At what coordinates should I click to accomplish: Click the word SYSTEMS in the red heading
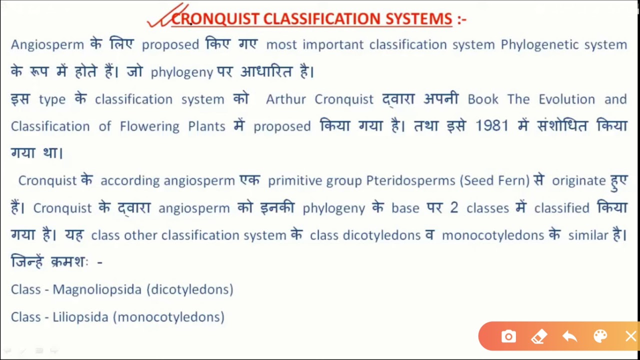click(419, 19)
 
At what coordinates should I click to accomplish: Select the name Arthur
click(286, 99)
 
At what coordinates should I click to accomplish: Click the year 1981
click(492, 126)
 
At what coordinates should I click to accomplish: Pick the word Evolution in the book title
click(566, 99)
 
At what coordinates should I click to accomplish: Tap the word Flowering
click(149, 126)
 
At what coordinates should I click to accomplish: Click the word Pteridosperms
click(410, 180)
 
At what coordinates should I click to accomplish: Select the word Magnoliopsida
click(97, 289)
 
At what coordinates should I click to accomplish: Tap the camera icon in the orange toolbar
click(508, 336)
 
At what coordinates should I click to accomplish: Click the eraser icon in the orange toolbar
click(539, 336)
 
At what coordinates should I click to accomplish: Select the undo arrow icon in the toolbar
click(569, 336)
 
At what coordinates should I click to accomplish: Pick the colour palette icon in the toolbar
click(600, 336)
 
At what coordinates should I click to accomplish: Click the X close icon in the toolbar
click(630, 336)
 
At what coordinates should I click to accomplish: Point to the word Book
click(483, 99)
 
